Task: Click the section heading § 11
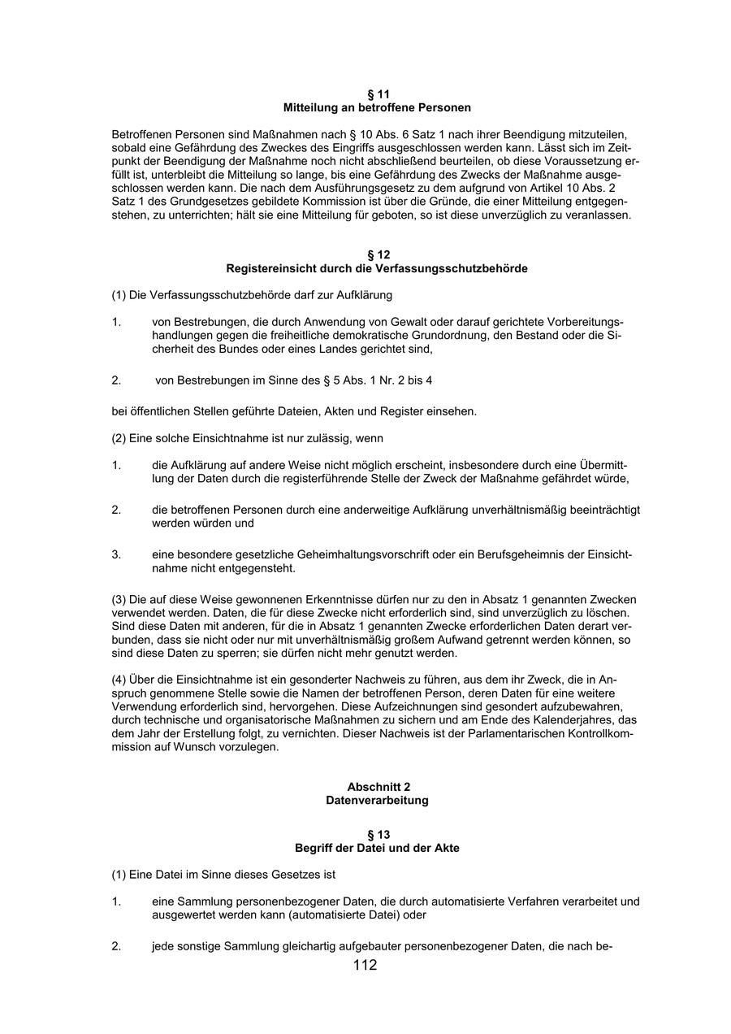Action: pyautogui.click(x=377, y=94)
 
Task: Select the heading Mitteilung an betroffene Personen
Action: pyautogui.click(x=377, y=107)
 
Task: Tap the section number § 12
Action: pyautogui.click(x=377, y=254)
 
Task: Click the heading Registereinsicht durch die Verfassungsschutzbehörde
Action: pyautogui.click(x=377, y=268)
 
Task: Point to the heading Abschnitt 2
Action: pyautogui.click(x=378, y=787)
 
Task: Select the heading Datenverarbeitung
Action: pyautogui.click(x=377, y=800)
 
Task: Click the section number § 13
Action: pyautogui.click(x=378, y=835)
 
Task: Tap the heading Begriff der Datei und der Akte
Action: pyautogui.click(x=377, y=848)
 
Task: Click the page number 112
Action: pyautogui.click(x=365, y=966)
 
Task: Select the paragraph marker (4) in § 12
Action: pyautogui.click(x=119, y=680)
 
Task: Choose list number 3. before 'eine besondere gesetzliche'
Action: pyautogui.click(x=116, y=554)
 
